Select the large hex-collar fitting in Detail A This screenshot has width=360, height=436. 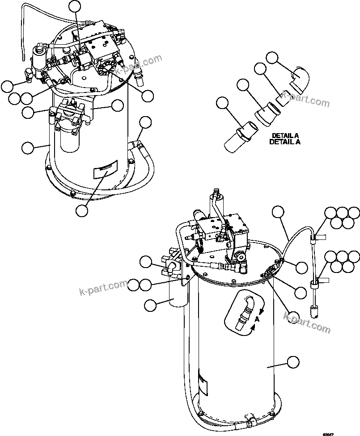(241, 137)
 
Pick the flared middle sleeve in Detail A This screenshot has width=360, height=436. (267, 113)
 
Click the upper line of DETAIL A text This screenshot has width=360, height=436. (285, 135)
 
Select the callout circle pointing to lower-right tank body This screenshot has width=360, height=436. (293, 362)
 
